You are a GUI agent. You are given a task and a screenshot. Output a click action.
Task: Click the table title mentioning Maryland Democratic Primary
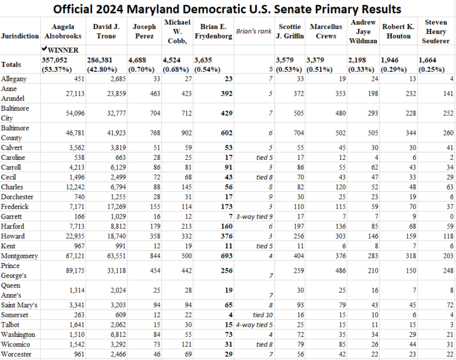(x=227, y=10)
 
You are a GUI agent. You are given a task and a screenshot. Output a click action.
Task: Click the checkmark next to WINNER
(x=45, y=50)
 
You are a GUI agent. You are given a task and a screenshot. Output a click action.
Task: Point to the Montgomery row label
(x=20, y=256)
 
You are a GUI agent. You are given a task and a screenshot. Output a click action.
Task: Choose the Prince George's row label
(x=14, y=270)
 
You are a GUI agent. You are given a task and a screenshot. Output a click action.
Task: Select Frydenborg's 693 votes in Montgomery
(x=224, y=256)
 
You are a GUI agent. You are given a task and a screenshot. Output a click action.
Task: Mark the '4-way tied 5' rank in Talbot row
(x=254, y=324)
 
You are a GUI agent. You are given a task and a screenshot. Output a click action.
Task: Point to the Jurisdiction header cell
(x=20, y=35)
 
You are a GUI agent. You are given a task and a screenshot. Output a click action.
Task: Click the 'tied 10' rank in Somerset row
(x=260, y=314)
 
